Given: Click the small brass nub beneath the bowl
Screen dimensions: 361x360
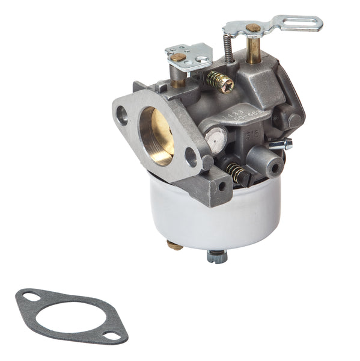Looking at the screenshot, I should pyautogui.click(x=175, y=245).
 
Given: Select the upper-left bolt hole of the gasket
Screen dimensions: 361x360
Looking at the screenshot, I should pyautogui.click(x=29, y=295).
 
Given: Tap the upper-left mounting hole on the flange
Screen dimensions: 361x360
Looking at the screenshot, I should pyautogui.click(x=123, y=115).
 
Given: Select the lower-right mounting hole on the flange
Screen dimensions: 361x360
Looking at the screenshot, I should pyautogui.click(x=191, y=158).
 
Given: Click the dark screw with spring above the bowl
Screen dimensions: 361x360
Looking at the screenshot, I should pyautogui.click(x=239, y=173).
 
